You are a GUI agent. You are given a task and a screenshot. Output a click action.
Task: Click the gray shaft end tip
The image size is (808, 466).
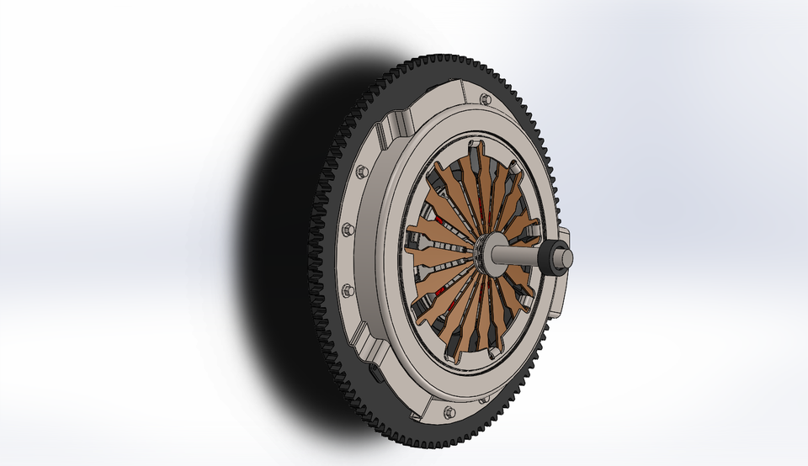(567, 257)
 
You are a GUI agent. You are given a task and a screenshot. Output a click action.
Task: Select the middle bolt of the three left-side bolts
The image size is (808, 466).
(346, 226)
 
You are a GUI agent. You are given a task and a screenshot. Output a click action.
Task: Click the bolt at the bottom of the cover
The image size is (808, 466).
(448, 412)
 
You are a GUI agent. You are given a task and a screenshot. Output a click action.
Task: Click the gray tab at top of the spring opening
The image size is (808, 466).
(476, 151)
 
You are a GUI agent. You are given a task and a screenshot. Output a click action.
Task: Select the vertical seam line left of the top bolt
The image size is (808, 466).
(461, 93)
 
